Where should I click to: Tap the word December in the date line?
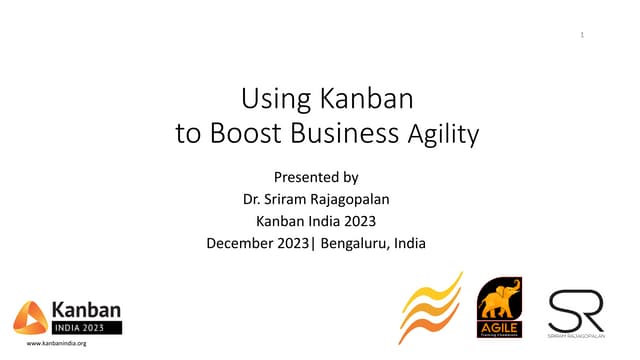244,243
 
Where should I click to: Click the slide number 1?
582,37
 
